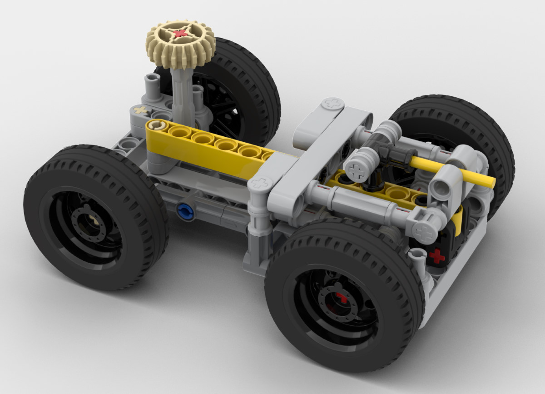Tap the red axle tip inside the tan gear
(x=181, y=33)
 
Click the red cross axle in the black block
(x=437, y=256)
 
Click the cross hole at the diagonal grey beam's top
(x=331, y=103)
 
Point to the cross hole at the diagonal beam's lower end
(x=261, y=184)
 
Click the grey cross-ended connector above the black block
(x=422, y=227)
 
